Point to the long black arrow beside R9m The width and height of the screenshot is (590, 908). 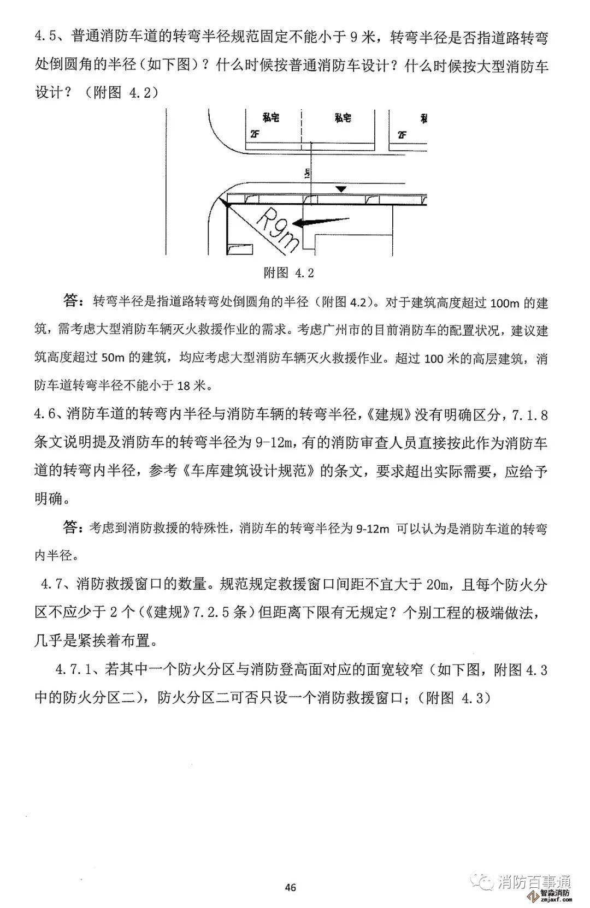tap(321, 221)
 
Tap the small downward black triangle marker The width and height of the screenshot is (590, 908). tap(341, 188)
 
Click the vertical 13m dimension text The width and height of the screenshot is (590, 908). tap(308, 173)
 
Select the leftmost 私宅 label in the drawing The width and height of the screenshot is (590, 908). tap(270, 117)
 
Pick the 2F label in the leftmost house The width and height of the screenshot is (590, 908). tap(255, 134)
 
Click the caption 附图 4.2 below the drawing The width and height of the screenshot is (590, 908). tap(288, 272)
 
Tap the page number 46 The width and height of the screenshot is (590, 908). tap(291, 887)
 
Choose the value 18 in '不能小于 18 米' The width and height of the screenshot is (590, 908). tap(184, 385)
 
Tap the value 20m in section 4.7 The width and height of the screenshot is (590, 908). tap(436, 585)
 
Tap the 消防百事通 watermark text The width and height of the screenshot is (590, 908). tap(534, 881)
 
